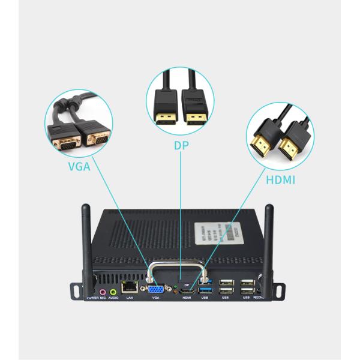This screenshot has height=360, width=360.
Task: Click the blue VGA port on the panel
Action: [155, 288]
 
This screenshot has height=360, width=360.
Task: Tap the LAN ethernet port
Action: [129, 287]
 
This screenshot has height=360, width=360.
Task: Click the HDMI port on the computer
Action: [187, 291]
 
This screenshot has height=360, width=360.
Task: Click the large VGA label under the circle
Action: [79, 166]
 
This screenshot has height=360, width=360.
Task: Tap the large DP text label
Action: [181, 145]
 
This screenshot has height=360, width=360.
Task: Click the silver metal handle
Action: [178, 268]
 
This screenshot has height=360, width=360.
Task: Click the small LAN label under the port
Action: [129, 298]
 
